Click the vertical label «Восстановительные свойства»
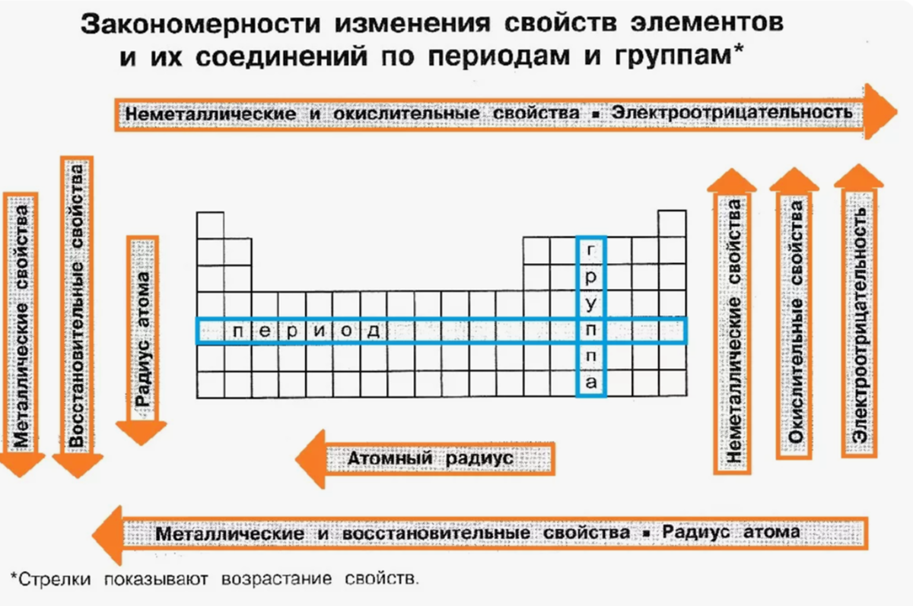[76, 304]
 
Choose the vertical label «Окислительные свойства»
[795, 327]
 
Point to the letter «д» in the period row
[373, 331]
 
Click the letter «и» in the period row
[318, 331]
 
